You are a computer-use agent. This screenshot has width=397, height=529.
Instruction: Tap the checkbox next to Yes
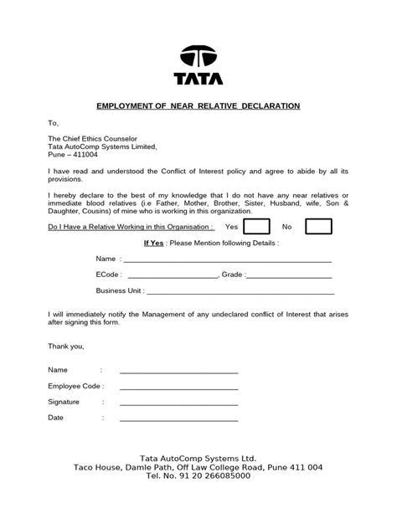257,227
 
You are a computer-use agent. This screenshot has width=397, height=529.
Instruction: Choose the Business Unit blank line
240,292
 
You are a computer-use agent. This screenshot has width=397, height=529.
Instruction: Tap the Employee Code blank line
178,388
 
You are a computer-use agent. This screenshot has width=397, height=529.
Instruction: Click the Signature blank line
178,403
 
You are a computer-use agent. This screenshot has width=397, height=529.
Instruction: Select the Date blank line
178,419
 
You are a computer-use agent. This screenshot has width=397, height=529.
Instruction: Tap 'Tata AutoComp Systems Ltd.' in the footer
198,459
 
